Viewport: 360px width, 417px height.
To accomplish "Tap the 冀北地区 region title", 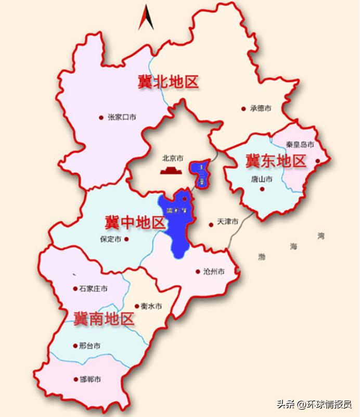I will (168, 82).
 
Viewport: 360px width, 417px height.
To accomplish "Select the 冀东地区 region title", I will (276, 161).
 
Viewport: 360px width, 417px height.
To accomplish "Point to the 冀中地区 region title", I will (134, 223).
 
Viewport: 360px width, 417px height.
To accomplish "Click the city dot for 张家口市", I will (101, 118).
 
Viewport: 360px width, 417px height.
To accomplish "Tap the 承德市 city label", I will (261, 109).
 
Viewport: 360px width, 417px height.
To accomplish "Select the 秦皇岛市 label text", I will (300, 144).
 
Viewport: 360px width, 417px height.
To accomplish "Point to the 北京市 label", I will (173, 158).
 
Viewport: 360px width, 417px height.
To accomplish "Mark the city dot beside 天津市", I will (211, 225).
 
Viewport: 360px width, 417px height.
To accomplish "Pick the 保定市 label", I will (110, 239).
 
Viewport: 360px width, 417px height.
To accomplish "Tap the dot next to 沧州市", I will (198, 271).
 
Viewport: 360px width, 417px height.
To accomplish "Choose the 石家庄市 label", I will (94, 288).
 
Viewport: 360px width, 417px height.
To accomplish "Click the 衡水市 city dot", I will (136, 306).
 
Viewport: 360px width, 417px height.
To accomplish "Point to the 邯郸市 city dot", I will (75, 380).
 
